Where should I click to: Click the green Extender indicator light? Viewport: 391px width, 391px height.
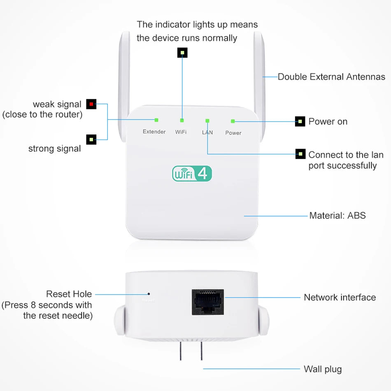pos(156,120)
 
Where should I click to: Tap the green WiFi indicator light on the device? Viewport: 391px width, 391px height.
pos(182,121)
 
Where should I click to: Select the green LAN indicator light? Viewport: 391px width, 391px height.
pos(207,121)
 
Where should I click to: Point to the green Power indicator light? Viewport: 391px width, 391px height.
pos(233,121)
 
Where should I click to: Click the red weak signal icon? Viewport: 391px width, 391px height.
pos(91,104)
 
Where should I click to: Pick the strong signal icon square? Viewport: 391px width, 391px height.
pos(91,140)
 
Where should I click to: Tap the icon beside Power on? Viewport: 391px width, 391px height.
pos(300,121)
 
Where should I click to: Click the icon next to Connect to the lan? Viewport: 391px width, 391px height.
pos(300,154)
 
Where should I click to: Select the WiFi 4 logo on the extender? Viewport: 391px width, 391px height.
pos(192,173)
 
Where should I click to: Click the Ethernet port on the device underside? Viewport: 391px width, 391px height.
pos(208,302)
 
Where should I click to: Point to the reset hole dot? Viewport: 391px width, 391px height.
pos(149,294)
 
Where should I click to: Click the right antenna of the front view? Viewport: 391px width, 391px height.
pos(259,74)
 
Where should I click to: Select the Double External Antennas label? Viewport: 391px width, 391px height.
pos(331,77)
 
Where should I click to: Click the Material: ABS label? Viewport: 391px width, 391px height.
pos(337,215)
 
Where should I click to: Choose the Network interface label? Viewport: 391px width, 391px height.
pos(340,297)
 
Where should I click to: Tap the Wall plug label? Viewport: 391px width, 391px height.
pos(323,369)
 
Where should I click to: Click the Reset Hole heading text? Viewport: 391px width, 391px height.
pos(69,294)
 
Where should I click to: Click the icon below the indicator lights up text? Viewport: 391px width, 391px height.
pos(182,53)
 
